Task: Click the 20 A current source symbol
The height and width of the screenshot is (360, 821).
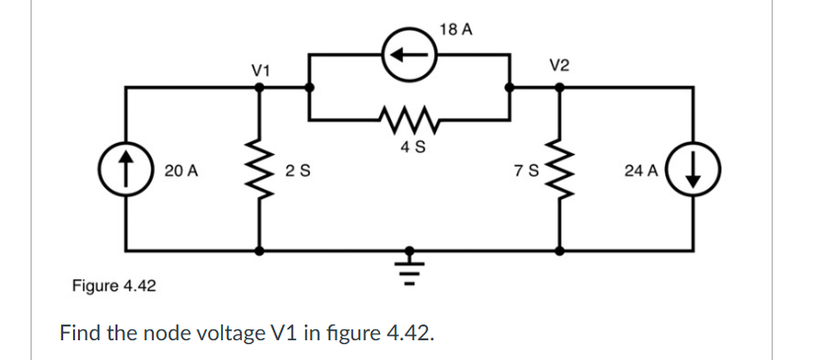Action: tap(127, 170)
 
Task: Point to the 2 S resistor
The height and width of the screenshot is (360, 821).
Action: tap(261, 170)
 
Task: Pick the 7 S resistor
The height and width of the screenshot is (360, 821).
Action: tap(560, 170)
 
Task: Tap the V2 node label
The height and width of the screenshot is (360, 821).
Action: tap(559, 65)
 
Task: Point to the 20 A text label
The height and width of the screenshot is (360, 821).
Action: tap(181, 171)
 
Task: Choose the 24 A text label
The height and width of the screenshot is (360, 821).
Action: tap(641, 171)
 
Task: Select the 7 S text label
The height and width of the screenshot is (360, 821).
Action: tap(524, 171)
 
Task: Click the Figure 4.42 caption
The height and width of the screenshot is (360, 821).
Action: tap(114, 286)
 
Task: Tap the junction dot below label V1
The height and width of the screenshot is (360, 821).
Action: tap(261, 87)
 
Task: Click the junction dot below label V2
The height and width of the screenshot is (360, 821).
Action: tap(560, 87)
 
